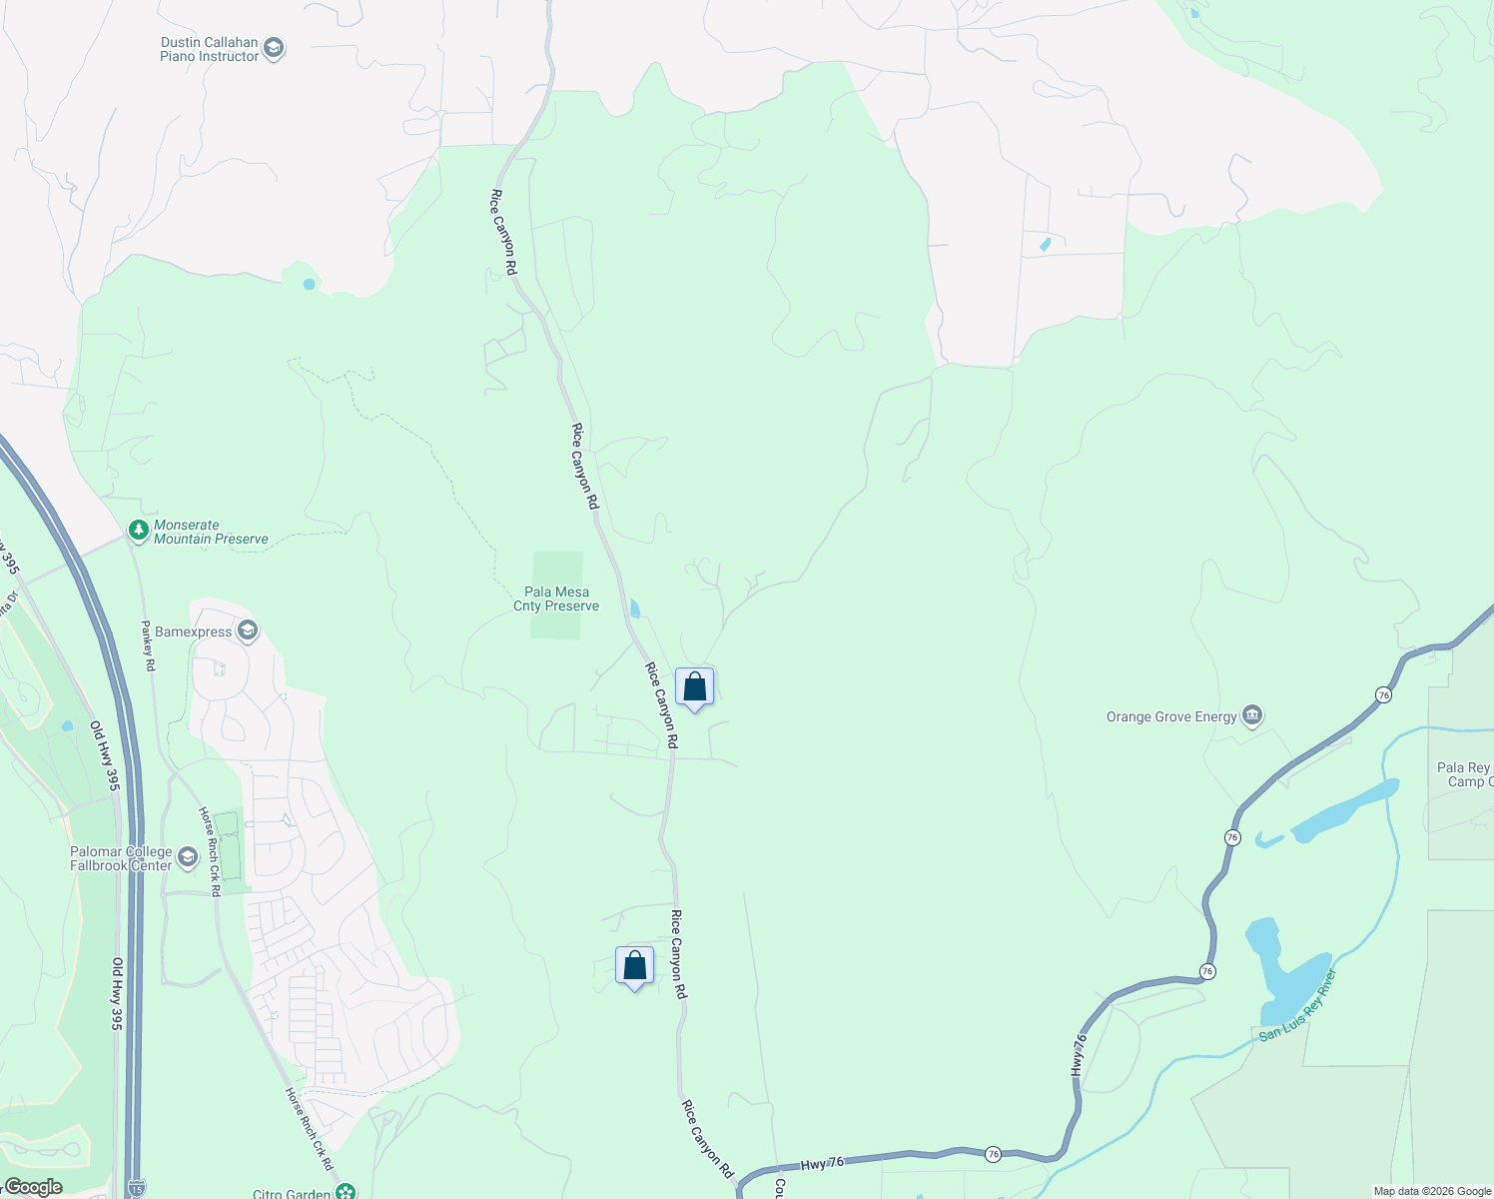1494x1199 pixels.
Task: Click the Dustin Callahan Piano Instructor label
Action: pos(210,50)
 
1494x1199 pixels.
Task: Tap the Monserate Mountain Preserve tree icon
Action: pos(139,529)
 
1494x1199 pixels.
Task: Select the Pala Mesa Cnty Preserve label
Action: pos(556,599)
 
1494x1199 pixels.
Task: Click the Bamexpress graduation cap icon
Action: pos(248,630)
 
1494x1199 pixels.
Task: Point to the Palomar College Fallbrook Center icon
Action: pos(187,856)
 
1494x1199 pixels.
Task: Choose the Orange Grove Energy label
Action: pos(1171,716)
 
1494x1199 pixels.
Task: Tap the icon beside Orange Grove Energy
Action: pos(1252,715)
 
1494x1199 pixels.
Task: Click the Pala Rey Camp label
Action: pos(1464,774)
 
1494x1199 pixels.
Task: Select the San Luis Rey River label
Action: pos(1297,1004)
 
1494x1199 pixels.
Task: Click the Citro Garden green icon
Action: pos(346,1192)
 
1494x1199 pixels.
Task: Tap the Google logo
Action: pos(33,1187)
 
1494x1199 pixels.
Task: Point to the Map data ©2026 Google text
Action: pos(1432,1191)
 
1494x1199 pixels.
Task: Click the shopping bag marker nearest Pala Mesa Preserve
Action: pos(694,687)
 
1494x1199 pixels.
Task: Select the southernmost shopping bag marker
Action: pos(634,966)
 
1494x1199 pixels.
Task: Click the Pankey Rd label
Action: pos(148,645)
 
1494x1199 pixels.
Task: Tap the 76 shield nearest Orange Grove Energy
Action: pos(1383,694)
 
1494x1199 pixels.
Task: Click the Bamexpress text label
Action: pos(194,631)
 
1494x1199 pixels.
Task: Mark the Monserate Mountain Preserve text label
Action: pos(211,532)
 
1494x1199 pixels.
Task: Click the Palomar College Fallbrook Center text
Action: pos(121,858)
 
